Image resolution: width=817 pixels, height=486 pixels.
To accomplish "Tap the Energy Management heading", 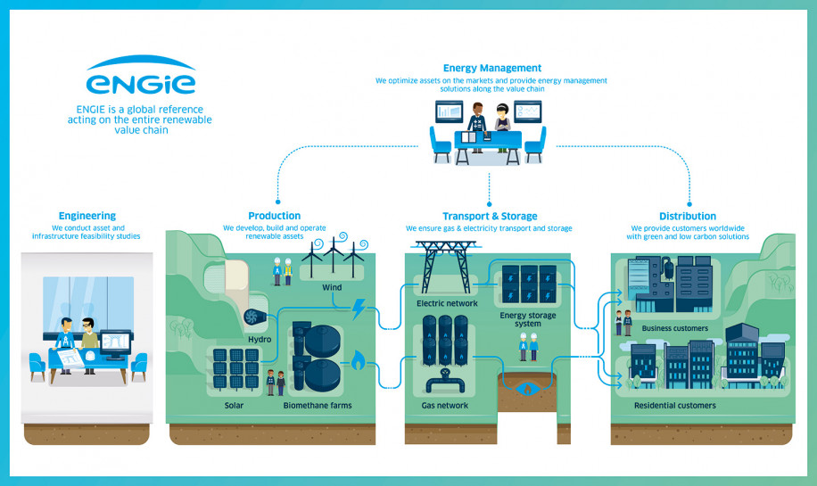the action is [491, 68].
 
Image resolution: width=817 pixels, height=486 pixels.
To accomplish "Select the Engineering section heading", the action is [87, 216].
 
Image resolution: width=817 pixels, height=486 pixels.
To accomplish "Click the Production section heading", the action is [274, 216].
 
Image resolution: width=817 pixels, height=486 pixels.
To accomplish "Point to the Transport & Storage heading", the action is [490, 216].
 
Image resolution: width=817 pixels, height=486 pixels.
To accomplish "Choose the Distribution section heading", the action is [688, 216].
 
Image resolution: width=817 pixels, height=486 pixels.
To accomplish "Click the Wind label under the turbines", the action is [332, 287].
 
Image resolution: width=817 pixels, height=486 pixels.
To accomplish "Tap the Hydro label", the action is [260, 339].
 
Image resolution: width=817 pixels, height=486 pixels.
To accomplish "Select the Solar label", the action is [234, 405].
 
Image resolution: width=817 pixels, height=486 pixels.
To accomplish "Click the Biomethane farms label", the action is [318, 405].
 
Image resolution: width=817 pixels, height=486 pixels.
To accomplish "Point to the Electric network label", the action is [447, 303].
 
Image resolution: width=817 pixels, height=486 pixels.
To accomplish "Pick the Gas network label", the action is [444, 405].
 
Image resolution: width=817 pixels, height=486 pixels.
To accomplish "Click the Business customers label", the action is [675, 328].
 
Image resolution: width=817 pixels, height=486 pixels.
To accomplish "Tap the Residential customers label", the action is [675, 405].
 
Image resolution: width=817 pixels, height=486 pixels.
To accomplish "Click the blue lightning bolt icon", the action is [359, 309].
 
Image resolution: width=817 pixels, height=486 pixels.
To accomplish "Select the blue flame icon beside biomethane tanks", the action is [358, 360].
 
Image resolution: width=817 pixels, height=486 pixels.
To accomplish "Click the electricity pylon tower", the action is [445, 267].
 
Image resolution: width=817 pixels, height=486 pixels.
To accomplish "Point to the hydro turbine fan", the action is [252, 317].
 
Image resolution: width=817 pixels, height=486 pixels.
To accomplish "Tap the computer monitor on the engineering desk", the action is [115, 345].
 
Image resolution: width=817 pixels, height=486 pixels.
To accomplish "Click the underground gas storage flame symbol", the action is [527, 389].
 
